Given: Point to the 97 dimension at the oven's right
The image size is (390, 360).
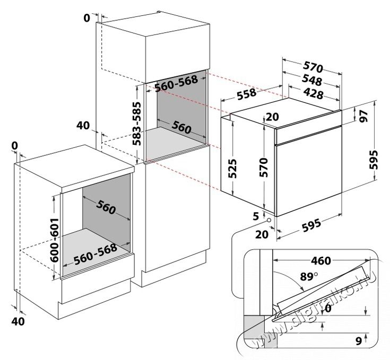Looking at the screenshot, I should [364, 116].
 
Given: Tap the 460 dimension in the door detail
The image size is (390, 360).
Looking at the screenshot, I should [320, 261].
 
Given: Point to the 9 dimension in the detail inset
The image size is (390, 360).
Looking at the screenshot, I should [358, 341].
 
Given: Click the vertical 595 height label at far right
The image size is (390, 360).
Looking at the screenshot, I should [374, 158].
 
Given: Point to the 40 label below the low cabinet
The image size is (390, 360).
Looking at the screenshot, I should [18, 321].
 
